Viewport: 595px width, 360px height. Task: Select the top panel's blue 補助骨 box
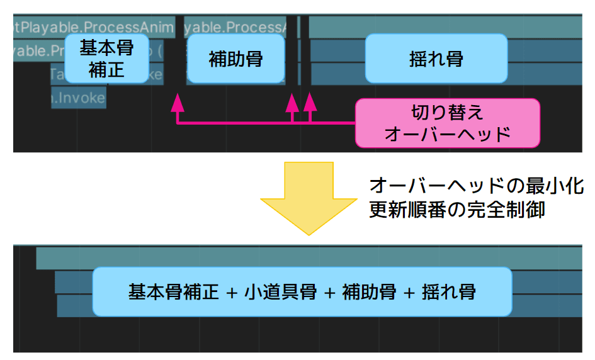(x=235, y=59)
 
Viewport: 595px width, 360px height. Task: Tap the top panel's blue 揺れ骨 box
(x=436, y=59)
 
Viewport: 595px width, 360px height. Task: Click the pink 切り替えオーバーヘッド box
(x=447, y=123)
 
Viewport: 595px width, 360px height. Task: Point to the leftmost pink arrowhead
(x=178, y=101)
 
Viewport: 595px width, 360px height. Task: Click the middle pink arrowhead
(x=292, y=101)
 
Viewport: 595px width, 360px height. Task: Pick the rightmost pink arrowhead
(x=309, y=101)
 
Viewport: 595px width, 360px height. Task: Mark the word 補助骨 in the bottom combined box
(x=369, y=292)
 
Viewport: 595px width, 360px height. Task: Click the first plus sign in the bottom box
(x=232, y=293)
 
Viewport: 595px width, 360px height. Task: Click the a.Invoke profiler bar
(x=78, y=98)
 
